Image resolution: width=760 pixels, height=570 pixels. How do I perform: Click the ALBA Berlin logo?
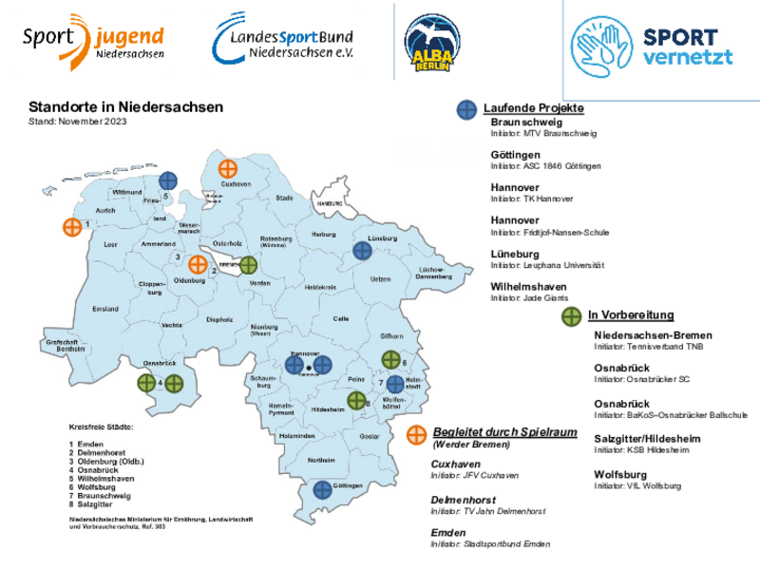(x=433, y=45)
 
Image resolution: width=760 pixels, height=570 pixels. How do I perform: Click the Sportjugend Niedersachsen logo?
(x=92, y=44)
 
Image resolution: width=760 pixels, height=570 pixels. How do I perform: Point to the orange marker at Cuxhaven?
(x=227, y=168)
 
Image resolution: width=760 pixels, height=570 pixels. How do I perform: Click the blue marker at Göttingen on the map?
(x=323, y=489)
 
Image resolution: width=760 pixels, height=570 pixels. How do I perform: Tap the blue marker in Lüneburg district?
(x=362, y=251)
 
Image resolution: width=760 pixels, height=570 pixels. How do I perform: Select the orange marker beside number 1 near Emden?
(x=71, y=227)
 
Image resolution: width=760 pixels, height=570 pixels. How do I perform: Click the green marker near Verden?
(x=248, y=265)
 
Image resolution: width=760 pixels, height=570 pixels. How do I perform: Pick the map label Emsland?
(x=105, y=309)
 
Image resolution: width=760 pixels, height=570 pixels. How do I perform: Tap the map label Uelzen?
(x=380, y=278)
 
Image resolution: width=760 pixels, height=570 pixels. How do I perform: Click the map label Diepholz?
(x=219, y=319)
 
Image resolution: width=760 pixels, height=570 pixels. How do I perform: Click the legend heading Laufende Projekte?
(x=533, y=108)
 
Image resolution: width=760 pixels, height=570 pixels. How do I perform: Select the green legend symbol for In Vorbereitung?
(x=572, y=315)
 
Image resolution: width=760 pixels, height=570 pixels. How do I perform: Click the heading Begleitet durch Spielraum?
(x=504, y=431)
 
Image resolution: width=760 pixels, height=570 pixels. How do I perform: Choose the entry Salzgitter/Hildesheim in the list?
(x=647, y=438)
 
